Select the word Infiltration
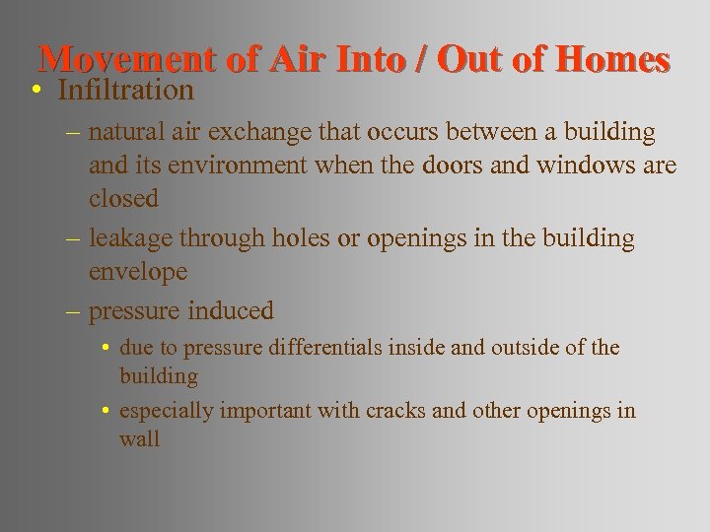coord(125,91)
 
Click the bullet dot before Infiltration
coord(35,92)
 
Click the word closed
coord(123,198)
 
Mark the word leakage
coord(129,238)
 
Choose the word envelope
coord(138,271)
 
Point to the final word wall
coord(139,439)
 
